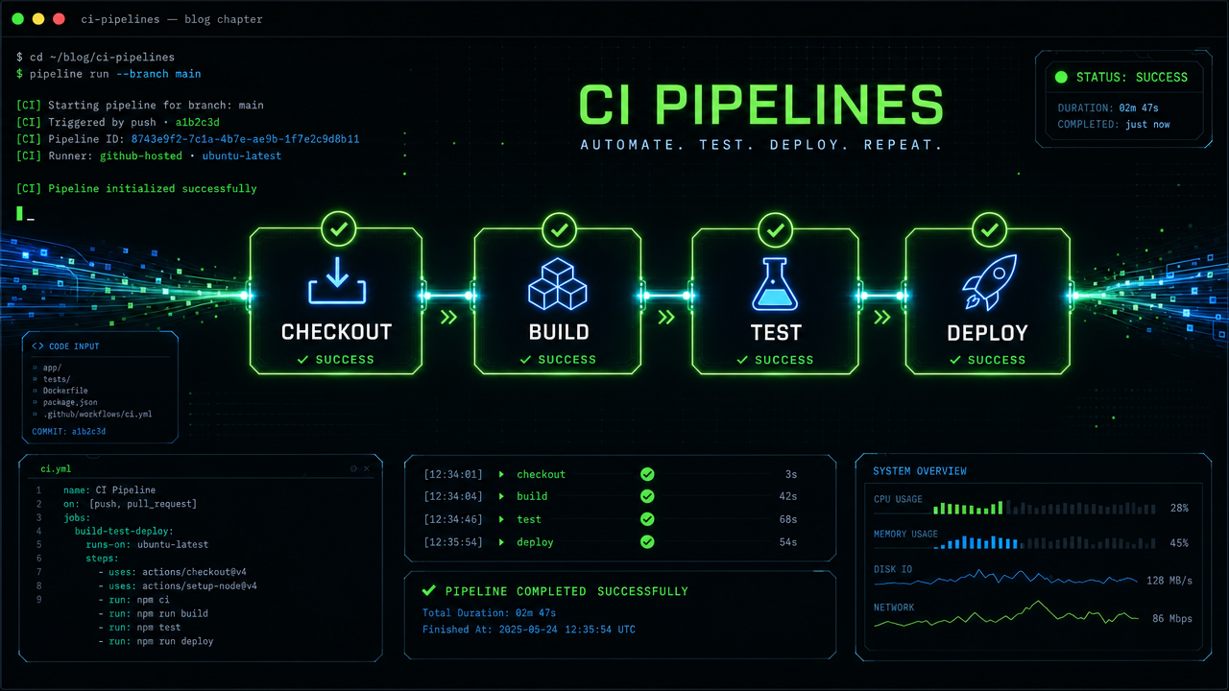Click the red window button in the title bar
pos(59,19)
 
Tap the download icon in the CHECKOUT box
pos(337,280)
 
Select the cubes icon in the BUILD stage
pos(558,284)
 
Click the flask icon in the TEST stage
pos(775,284)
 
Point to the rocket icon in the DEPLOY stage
pos(990,282)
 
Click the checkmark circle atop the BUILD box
pos(559,229)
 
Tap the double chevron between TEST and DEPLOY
pos(882,317)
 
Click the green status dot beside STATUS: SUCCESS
pos(1061,78)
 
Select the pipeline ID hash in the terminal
pos(245,139)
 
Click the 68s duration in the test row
pos(788,519)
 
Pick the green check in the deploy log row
pos(647,542)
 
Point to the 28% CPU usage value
pos(1179,509)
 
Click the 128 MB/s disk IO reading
pos(1169,581)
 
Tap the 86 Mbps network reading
pos(1172,619)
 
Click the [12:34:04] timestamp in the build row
pos(453,496)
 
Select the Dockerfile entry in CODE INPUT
pos(65,391)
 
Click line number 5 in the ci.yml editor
pos(39,544)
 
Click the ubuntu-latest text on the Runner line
pos(241,155)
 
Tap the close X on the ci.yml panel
pos(367,469)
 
